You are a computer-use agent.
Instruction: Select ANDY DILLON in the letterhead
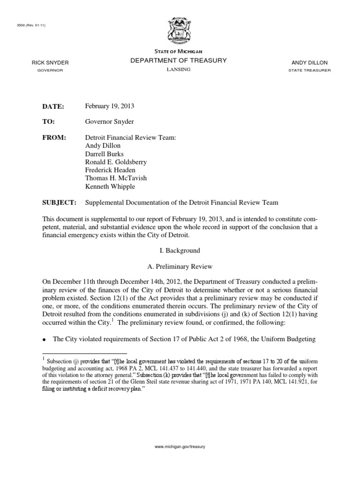coord(310,62)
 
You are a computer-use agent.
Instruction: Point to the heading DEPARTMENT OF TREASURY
coord(180,60)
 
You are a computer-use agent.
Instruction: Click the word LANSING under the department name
coord(180,69)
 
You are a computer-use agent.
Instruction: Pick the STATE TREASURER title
coord(310,70)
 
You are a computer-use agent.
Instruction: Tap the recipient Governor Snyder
coord(109,122)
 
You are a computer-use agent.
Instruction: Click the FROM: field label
coord(54,137)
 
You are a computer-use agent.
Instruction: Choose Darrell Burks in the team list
coord(104,154)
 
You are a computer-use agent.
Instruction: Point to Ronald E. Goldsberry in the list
coord(116,162)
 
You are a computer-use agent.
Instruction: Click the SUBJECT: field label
coord(59,202)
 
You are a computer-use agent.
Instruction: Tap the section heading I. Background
coord(180,251)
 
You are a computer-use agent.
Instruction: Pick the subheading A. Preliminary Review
coord(180,267)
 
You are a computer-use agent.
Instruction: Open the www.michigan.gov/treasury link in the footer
coord(180,447)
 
